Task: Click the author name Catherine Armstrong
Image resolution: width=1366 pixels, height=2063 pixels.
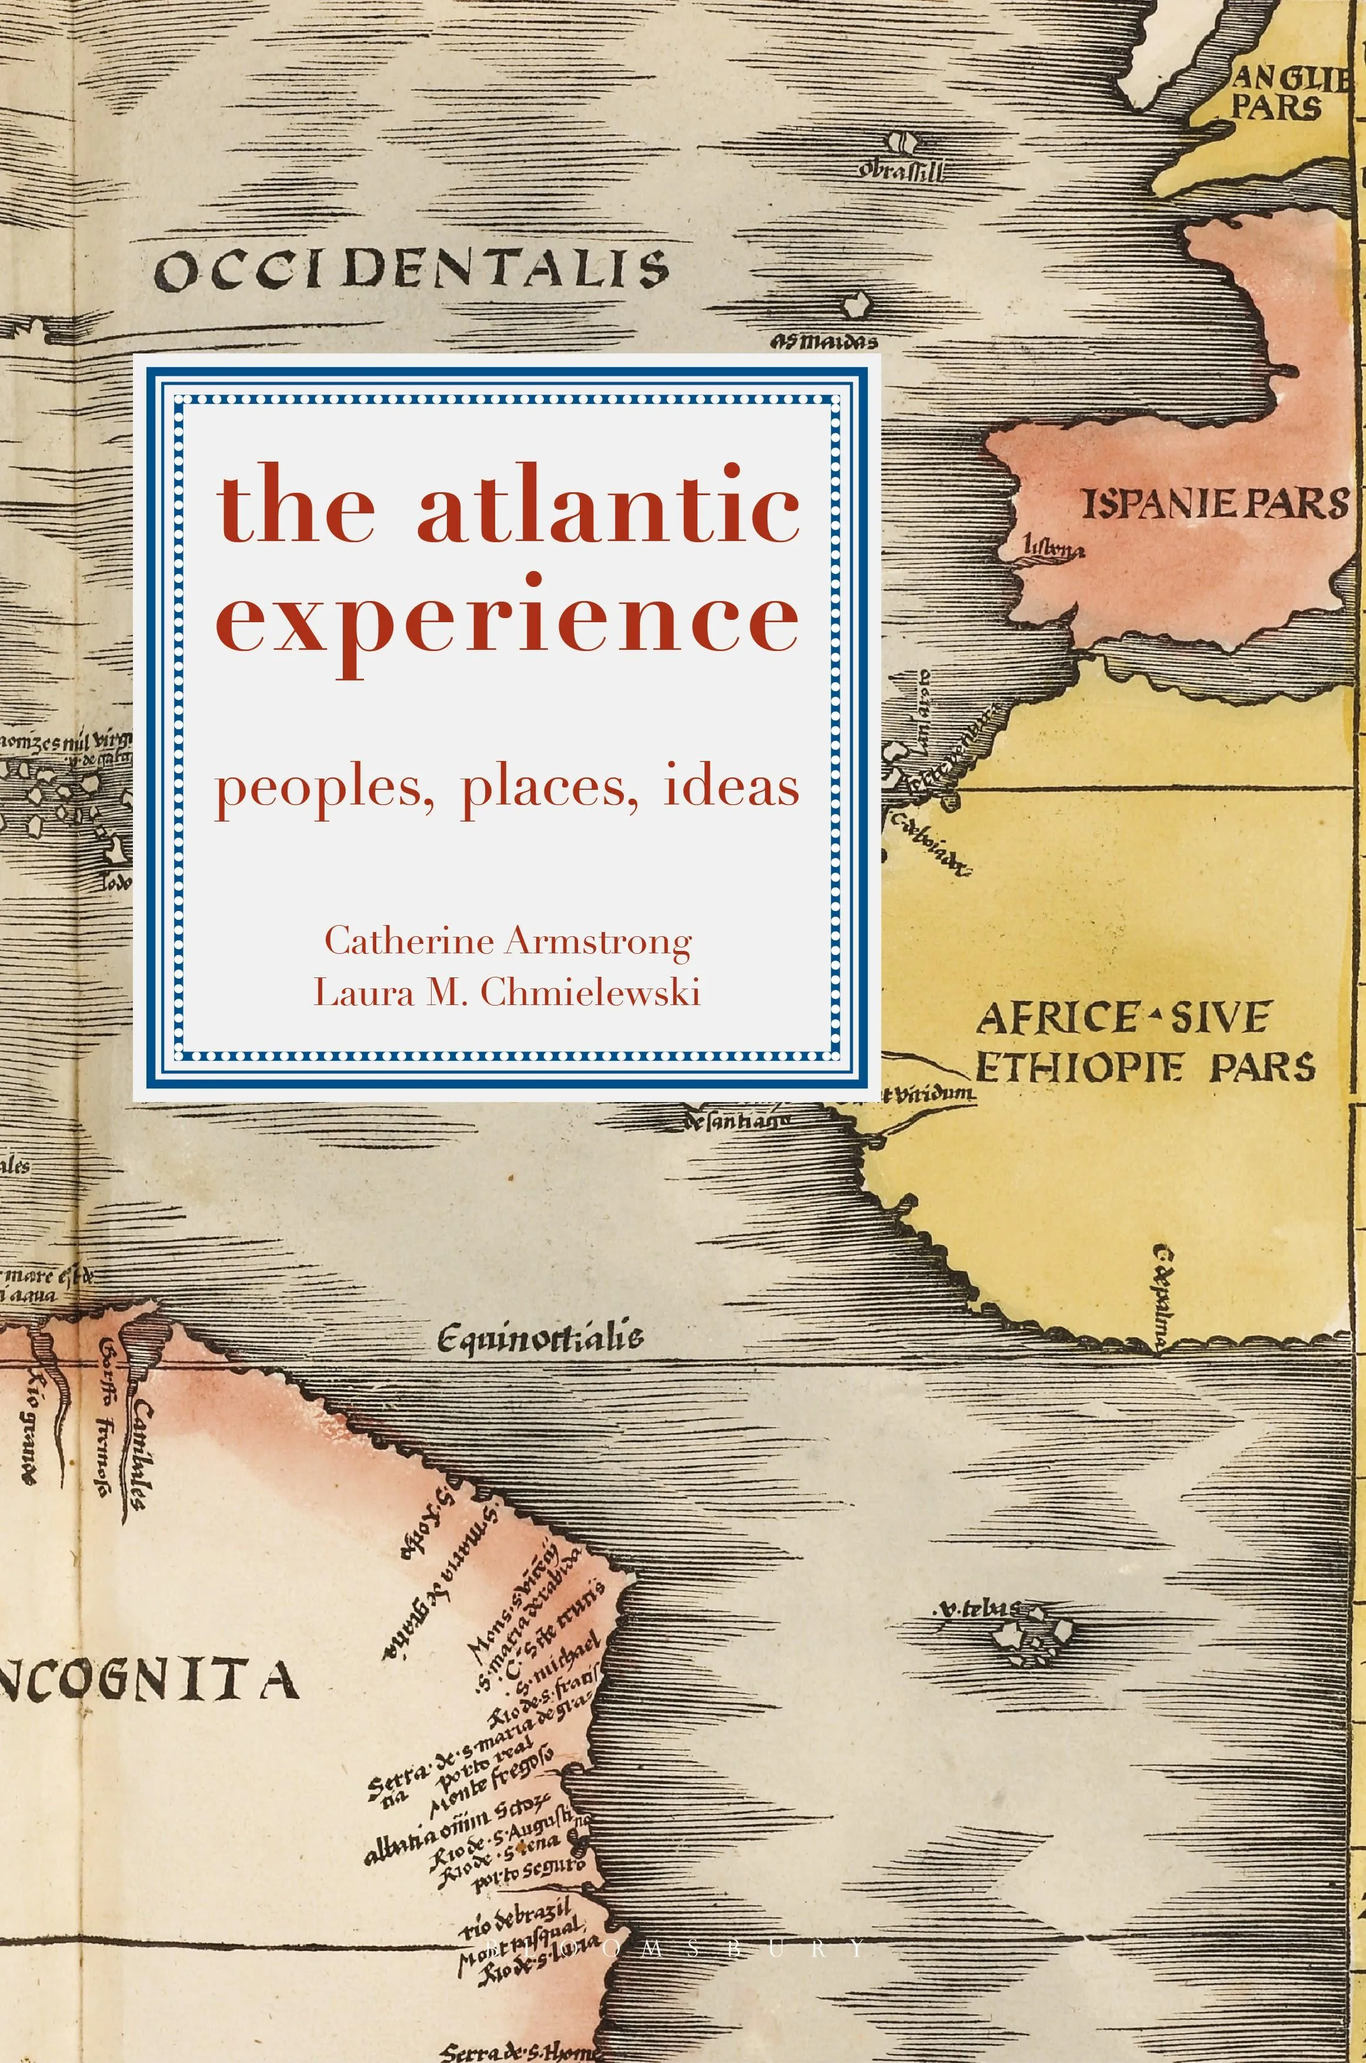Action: click(508, 941)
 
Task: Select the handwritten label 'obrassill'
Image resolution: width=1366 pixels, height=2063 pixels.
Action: click(901, 171)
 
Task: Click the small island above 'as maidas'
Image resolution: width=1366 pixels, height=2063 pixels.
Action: click(856, 304)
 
